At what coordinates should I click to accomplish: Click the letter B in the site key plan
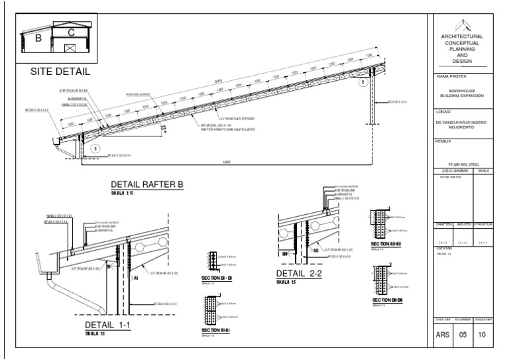[x=38, y=38]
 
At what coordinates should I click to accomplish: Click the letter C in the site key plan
[x=72, y=31]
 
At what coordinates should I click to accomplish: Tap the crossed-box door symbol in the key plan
[x=71, y=48]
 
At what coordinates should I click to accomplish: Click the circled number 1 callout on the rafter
[x=95, y=149]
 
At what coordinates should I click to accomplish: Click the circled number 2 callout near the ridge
[x=363, y=84]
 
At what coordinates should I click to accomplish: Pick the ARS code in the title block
[x=443, y=335]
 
